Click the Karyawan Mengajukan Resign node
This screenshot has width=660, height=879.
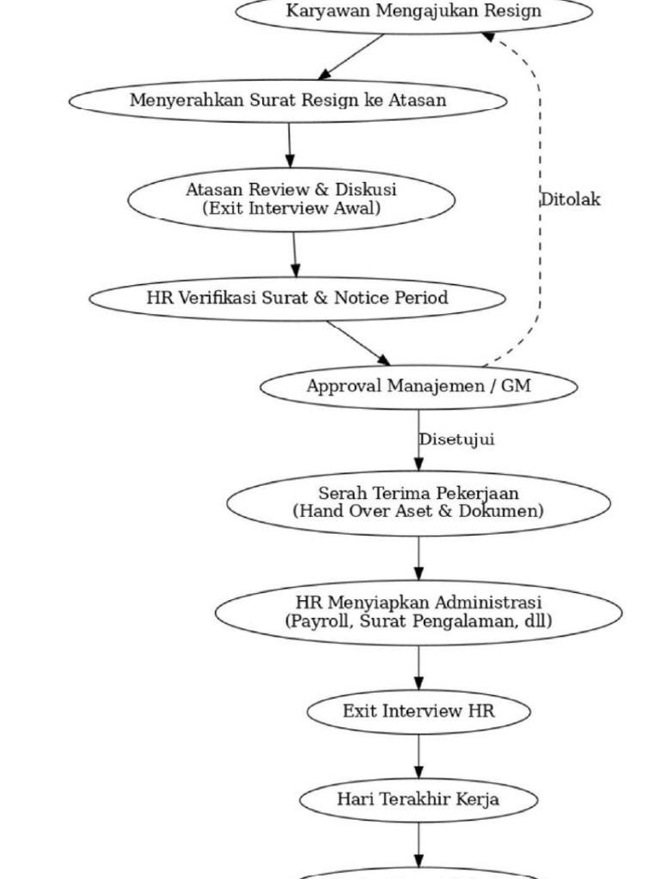413,12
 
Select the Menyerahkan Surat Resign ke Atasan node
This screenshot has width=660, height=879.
288,101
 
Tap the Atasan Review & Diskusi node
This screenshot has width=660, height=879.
291,199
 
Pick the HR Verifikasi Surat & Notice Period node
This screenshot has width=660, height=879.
297,299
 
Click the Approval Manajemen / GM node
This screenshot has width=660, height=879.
419,387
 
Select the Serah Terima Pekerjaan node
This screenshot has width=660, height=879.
419,503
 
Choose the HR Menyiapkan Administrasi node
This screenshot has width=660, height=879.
419,613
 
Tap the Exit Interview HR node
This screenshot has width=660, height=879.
419,712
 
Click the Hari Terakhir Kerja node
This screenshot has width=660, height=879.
419,800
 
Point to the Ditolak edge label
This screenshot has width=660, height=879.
571,199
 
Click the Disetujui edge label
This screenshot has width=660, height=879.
457,439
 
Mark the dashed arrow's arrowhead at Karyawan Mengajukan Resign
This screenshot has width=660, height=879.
488,36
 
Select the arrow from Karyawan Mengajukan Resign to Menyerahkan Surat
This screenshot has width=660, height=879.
351,57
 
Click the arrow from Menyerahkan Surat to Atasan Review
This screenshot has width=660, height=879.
290,145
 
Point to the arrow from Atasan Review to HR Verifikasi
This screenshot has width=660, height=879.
295,254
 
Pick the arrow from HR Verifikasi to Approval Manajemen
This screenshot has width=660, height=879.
358,343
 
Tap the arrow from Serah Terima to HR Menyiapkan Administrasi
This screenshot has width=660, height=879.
419,558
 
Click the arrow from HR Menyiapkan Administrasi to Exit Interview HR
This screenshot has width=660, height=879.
419,668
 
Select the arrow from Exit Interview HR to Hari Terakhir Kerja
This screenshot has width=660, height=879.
419,756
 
